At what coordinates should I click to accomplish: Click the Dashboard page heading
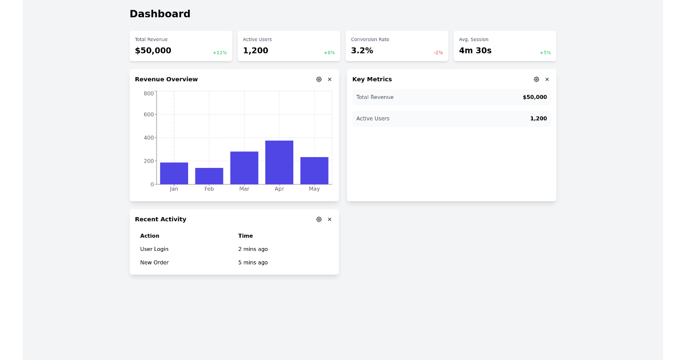click(159, 14)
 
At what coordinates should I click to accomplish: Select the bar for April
click(279, 162)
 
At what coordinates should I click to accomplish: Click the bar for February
click(209, 176)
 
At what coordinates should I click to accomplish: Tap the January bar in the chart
click(174, 173)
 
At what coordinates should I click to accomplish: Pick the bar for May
click(314, 170)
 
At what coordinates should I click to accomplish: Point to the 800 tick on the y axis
click(149, 93)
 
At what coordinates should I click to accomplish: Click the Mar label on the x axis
click(244, 189)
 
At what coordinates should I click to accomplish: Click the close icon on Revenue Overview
click(329, 79)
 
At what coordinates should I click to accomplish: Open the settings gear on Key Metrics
click(536, 79)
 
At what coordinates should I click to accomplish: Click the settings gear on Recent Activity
click(319, 219)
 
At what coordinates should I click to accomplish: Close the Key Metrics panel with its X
click(547, 79)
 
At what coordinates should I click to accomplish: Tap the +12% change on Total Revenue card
click(220, 53)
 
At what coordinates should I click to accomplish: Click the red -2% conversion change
click(438, 53)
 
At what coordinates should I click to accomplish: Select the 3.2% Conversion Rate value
click(362, 50)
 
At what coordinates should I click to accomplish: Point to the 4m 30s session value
click(475, 50)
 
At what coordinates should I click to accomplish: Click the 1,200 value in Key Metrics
click(538, 119)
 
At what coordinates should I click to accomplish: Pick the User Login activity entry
click(154, 249)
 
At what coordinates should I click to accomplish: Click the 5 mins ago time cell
click(253, 263)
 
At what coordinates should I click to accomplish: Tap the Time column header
click(245, 236)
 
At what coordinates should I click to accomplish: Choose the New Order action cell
click(154, 263)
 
